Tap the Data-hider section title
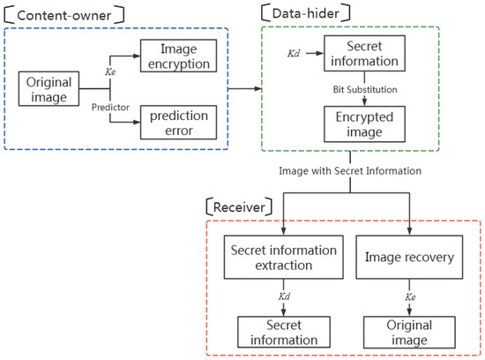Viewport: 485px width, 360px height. [302, 12]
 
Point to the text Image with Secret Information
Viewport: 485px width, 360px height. [346, 169]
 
